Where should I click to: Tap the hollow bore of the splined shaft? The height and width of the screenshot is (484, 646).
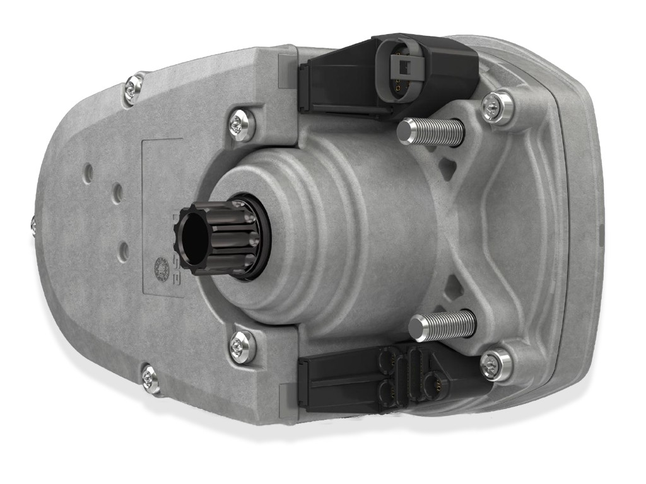(x=193, y=238)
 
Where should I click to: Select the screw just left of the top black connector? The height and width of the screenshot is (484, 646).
(x=242, y=125)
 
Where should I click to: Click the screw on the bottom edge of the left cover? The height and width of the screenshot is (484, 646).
(x=150, y=378)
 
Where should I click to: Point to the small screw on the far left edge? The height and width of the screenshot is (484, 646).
(x=33, y=224)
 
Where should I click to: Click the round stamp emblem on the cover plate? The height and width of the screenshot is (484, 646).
(x=162, y=270)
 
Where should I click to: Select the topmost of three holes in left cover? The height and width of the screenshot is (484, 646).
(x=88, y=171)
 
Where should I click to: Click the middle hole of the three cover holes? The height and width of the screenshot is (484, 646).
(x=117, y=193)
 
